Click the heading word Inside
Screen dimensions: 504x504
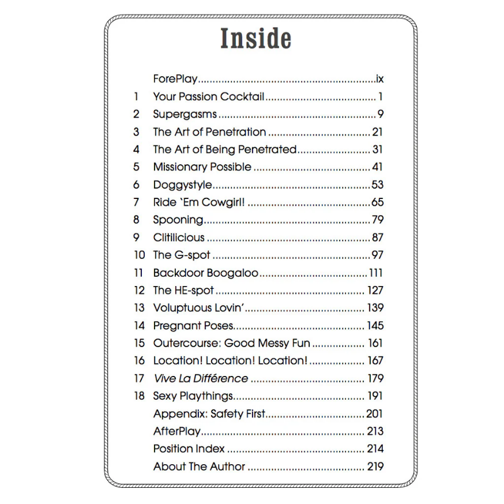pyautogui.click(x=255, y=39)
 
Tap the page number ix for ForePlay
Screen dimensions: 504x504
pyautogui.click(x=379, y=79)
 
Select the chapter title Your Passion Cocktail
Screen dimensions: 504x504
pyautogui.click(x=208, y=97)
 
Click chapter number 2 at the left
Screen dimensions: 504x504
pyautogui.click(x=137, y=114)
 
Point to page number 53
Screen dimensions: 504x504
pyautogui.click(x=377, y=185)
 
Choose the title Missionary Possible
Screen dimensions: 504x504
pyautogui.click(x=202, y=167)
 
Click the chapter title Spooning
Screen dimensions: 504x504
pyautogui.click(x=178, y=220)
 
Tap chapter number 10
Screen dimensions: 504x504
pyautogui.click(x=139, y=255)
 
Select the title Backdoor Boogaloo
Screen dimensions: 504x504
pyautogui.click(x=205, y=273)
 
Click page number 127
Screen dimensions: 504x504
pyautogui.click(x=375, y=290)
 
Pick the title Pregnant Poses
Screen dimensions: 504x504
pyautogui.click(x=193, y=326)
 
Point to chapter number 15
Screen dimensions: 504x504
pyautogui.click(x=139, y=343)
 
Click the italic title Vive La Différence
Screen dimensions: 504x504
pyautogui.click(x=200, y=379)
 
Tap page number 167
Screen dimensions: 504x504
pyautogui.click(x=375, y=361)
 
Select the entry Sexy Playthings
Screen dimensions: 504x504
pyautogui.click(x=193, y=396)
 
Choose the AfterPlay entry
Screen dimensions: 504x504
pyautogui.click(x=176, y=431)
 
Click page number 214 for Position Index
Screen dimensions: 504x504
pyautogui.click(x=375, y=449)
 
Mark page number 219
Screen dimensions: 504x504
pyautogui.click(x=375, y=467)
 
